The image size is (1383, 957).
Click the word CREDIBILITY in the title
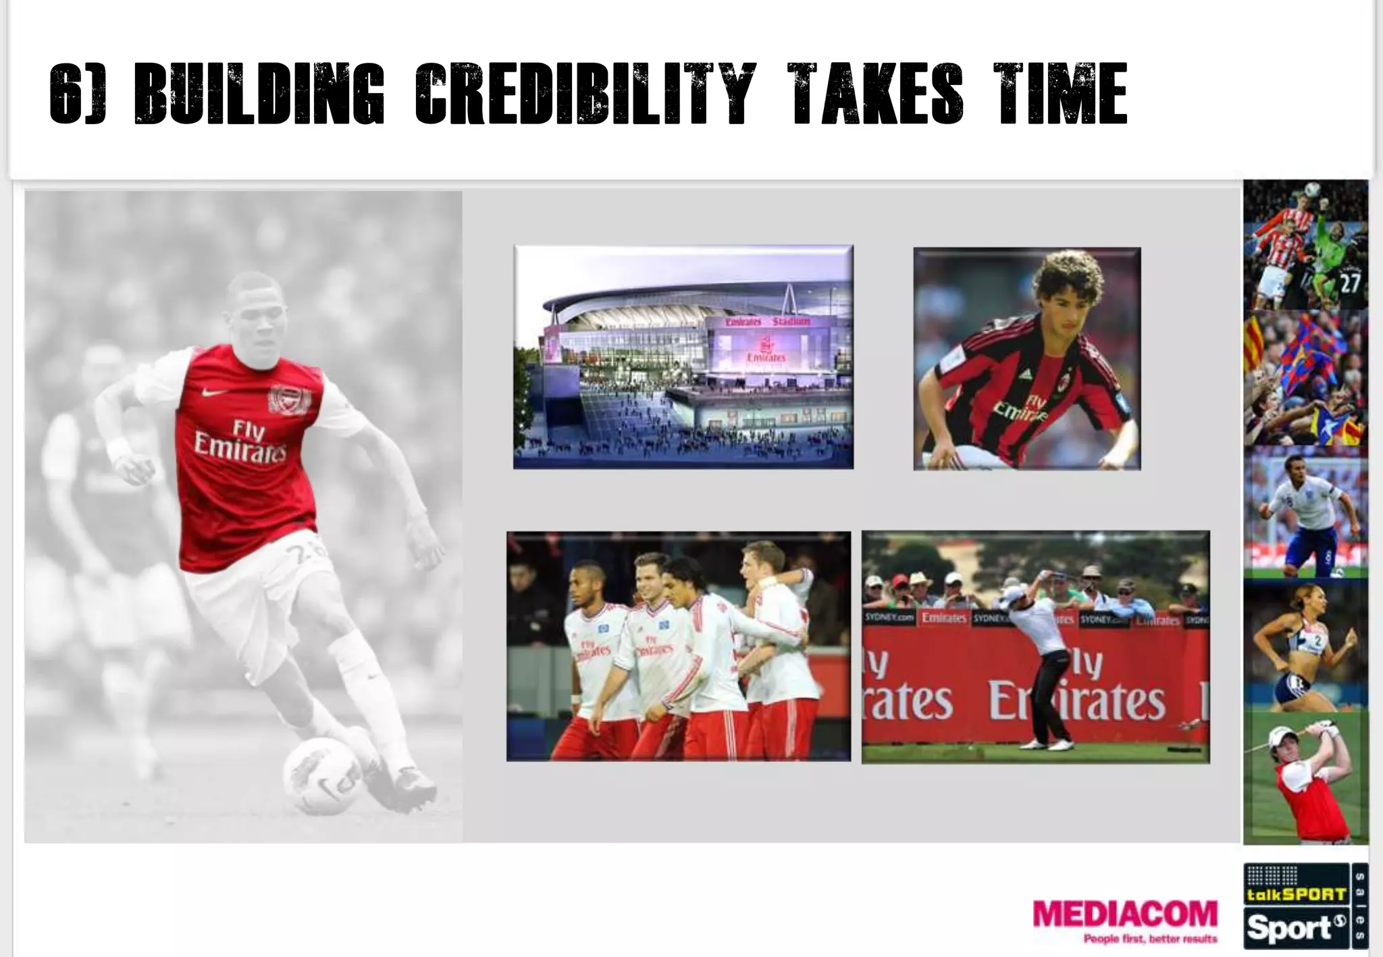coord(582,94)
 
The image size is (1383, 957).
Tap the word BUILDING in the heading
coord(259,94)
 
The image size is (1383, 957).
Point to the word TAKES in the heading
coord(877,94)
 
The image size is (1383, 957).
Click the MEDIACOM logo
coord(1125,914)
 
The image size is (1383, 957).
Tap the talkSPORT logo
coord(1296,894)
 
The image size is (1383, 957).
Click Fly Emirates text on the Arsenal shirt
coord(240,439)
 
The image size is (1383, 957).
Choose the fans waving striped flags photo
coord(1305,378)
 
